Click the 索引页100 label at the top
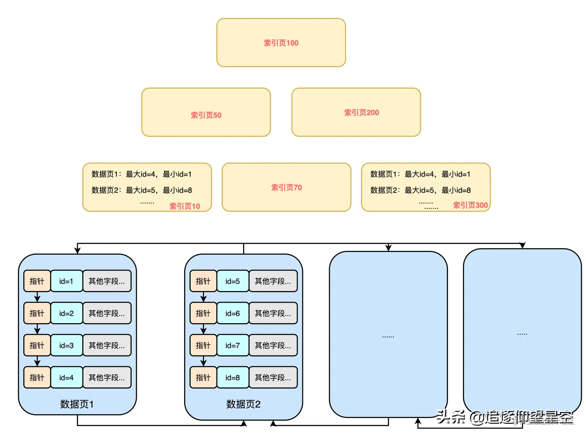click(x=281, y=43)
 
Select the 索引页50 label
click(x=206, y=115)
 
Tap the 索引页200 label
click(x=361, y=113)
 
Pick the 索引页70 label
click(x=286, y=188)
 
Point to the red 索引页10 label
click(x=184, y=206)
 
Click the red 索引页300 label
click(x=470, y=205)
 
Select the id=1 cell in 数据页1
click(x=66, y=281)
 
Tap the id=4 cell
click(x=66, y=377)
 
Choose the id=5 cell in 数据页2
click(x=233, y=281)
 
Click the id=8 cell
click(x=233, y=377)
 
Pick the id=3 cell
click(x=66, y=345)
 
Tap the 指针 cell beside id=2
click(x=37, y=313)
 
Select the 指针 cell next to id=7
click(x=203, y=345)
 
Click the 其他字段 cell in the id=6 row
click(x=273, y=313)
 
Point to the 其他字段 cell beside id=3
click(x=107, y=345)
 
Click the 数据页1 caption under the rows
click(x=77, y=404)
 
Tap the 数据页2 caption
click(x=243, y=404)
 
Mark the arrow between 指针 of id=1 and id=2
click(x=37, y=297)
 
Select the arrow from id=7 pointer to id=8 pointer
click(x=203, y=361)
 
